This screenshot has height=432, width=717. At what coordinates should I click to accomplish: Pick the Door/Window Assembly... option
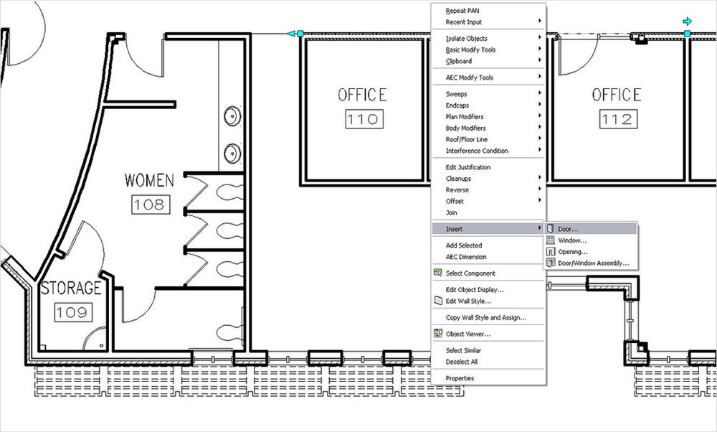(x=589, y=263)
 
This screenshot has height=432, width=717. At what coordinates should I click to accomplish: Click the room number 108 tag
(x=148, y=205)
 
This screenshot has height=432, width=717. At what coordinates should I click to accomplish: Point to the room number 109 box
(x=72, y=311)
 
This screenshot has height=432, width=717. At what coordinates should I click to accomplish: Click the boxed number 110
(x=362, y=120)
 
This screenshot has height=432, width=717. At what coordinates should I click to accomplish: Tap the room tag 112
(x=616, y=120)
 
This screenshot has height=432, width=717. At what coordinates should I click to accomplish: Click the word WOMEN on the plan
(x=149, y=180)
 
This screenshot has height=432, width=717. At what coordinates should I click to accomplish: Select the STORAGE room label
(x=71, y=288)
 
